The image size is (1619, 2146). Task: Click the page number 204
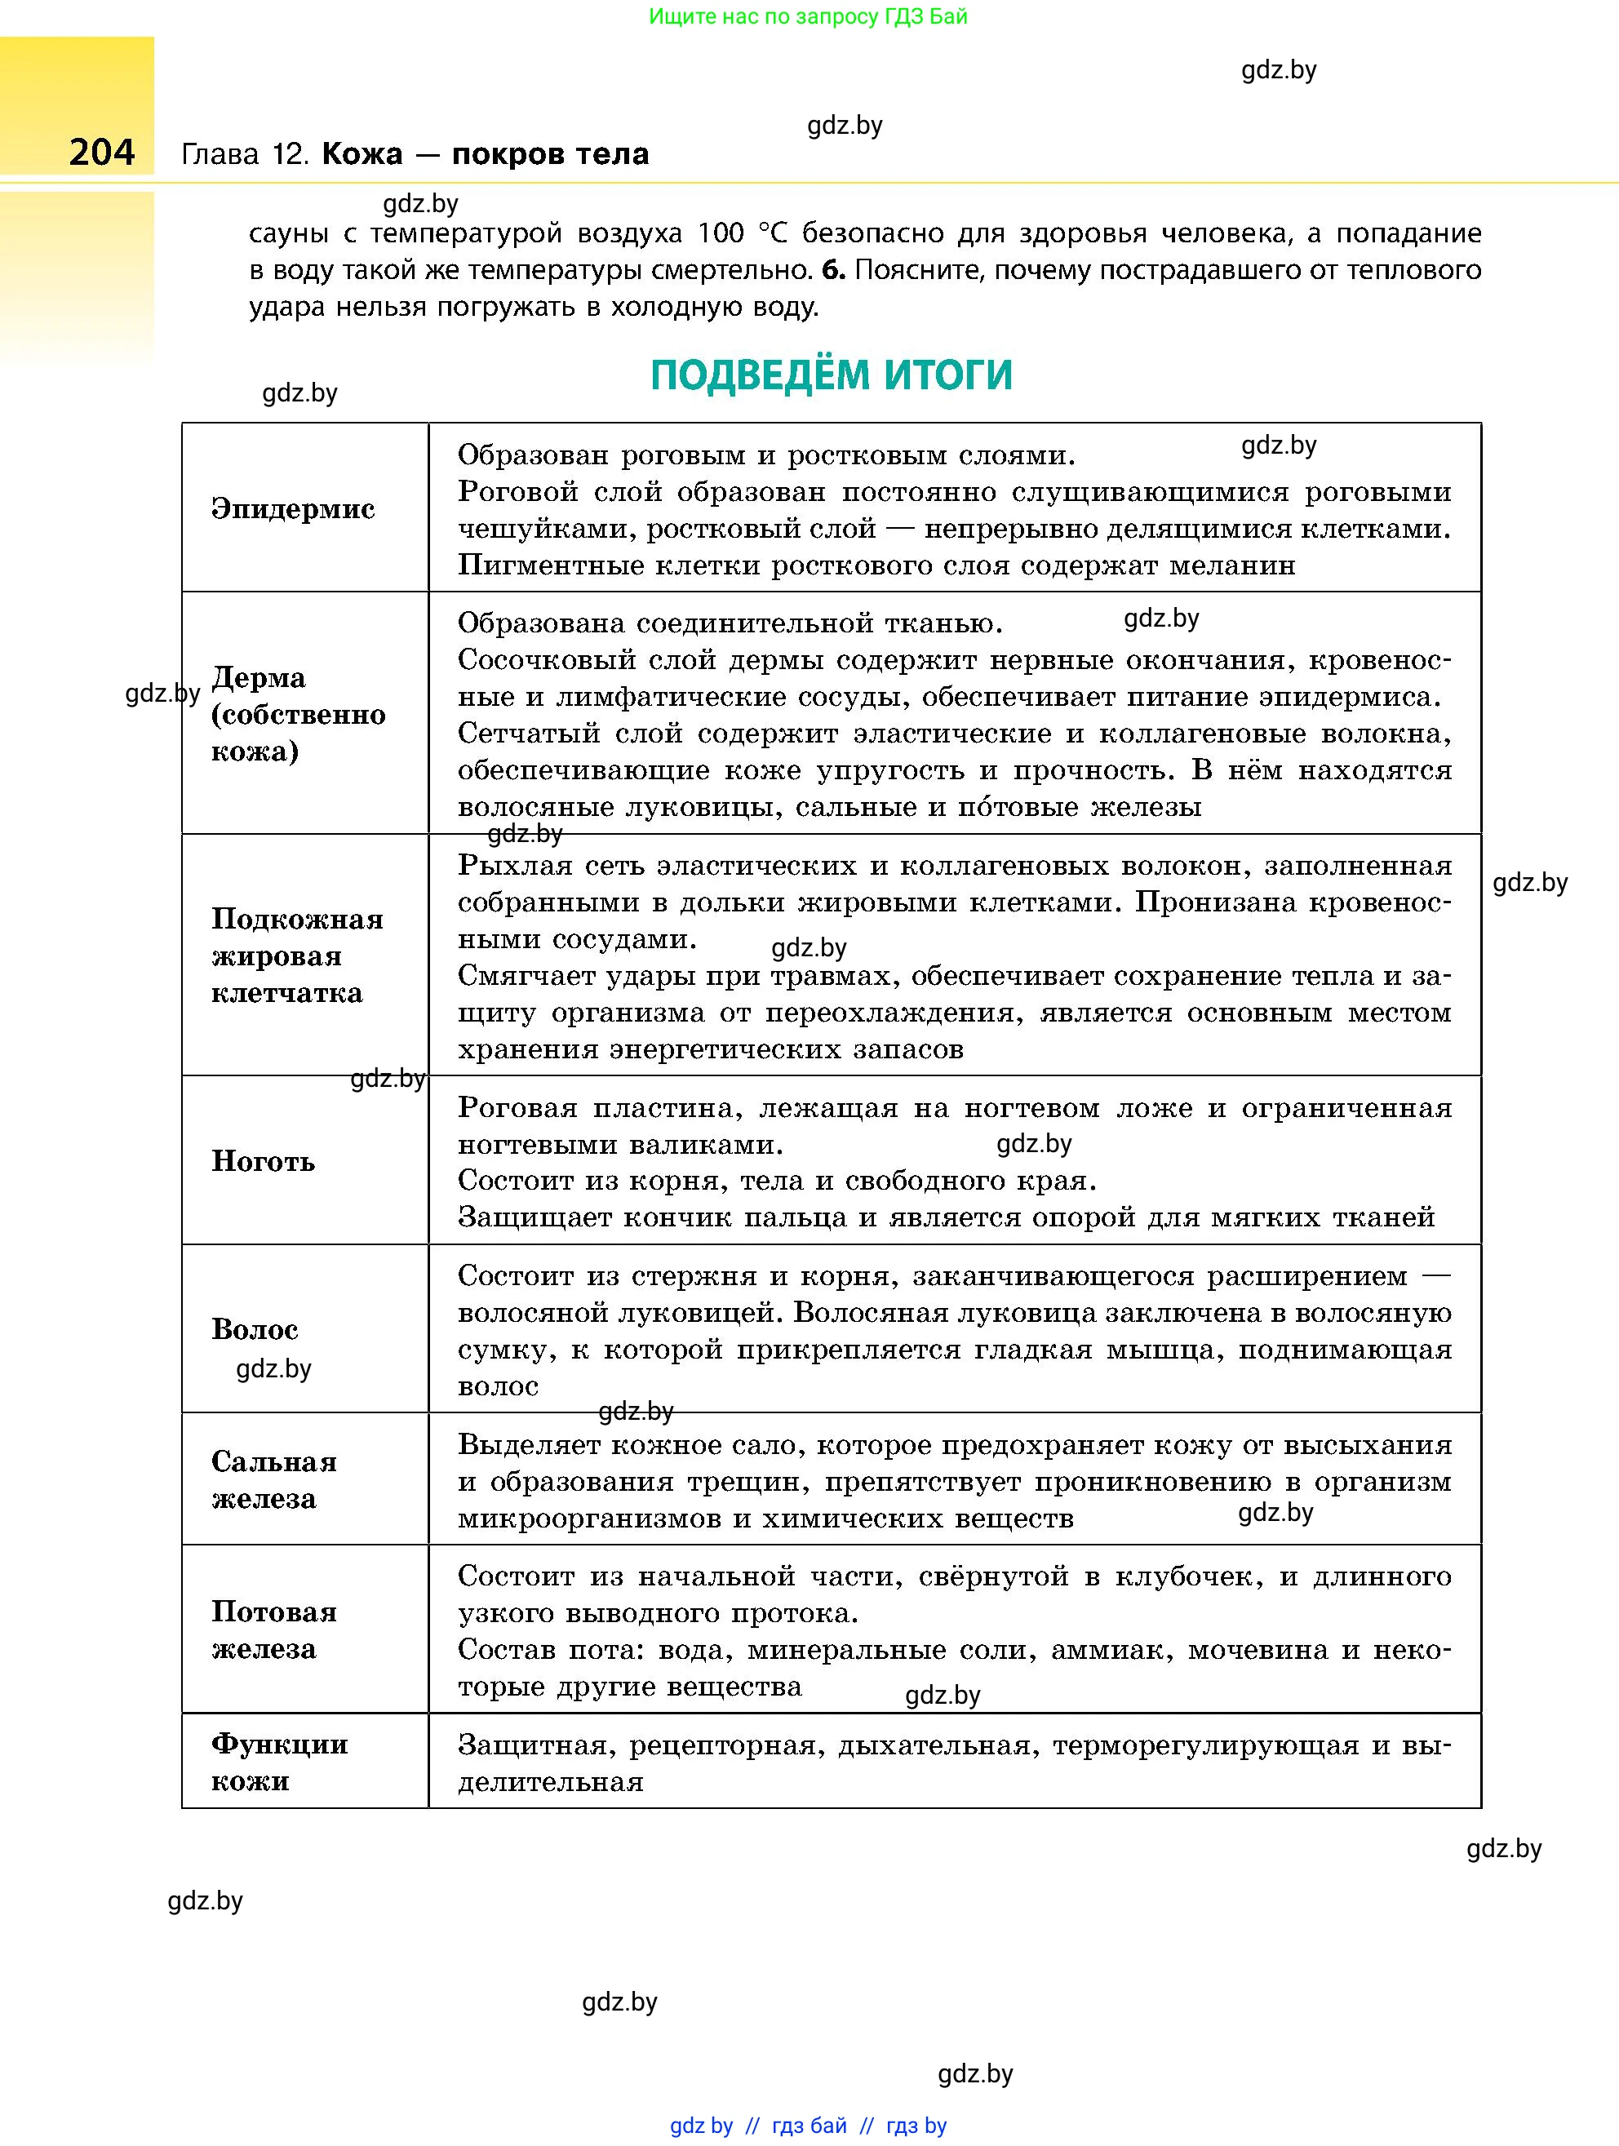tap(102, 153)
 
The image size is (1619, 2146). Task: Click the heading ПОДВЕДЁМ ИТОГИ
tap(832, 375)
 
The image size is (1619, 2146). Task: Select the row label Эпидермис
tap(293, 508)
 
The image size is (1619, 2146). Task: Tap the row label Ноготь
tap(263, 1160)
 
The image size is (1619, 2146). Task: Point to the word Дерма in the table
tap(258, 677)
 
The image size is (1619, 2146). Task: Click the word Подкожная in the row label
tap(298, 919)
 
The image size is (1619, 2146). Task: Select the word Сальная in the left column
tap(274, 1461)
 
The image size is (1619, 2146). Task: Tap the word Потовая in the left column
tap(274, 1612)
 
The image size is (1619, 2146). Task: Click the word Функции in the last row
tap(279, 1744)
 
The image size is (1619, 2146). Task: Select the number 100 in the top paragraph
tap(720, 234)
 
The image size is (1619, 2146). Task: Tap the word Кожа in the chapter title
tap(362, 154)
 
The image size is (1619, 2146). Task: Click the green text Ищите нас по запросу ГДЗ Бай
tap(808, 16)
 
